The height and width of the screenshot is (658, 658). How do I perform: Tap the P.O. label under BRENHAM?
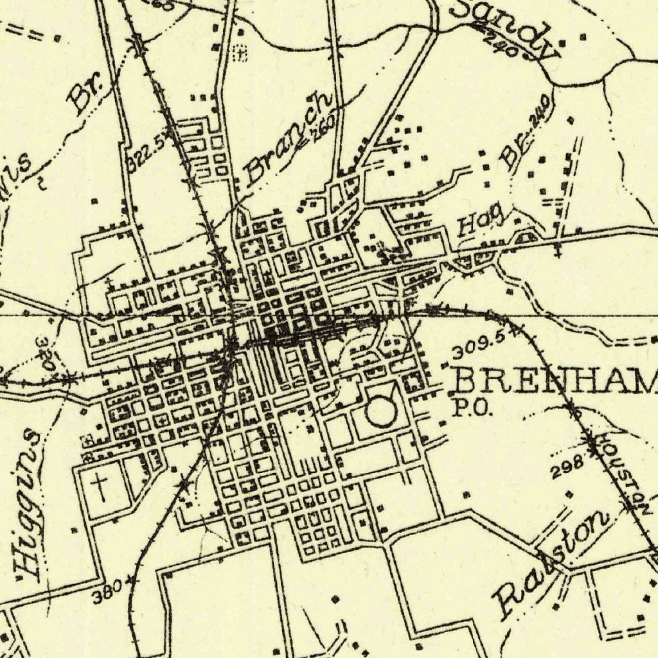[x=472, y=409]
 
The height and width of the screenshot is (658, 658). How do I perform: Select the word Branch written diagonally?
[x=289, y=138]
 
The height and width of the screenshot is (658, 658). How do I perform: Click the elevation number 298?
[x=567, y=467]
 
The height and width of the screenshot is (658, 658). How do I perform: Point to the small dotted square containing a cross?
[x=240, y=53]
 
